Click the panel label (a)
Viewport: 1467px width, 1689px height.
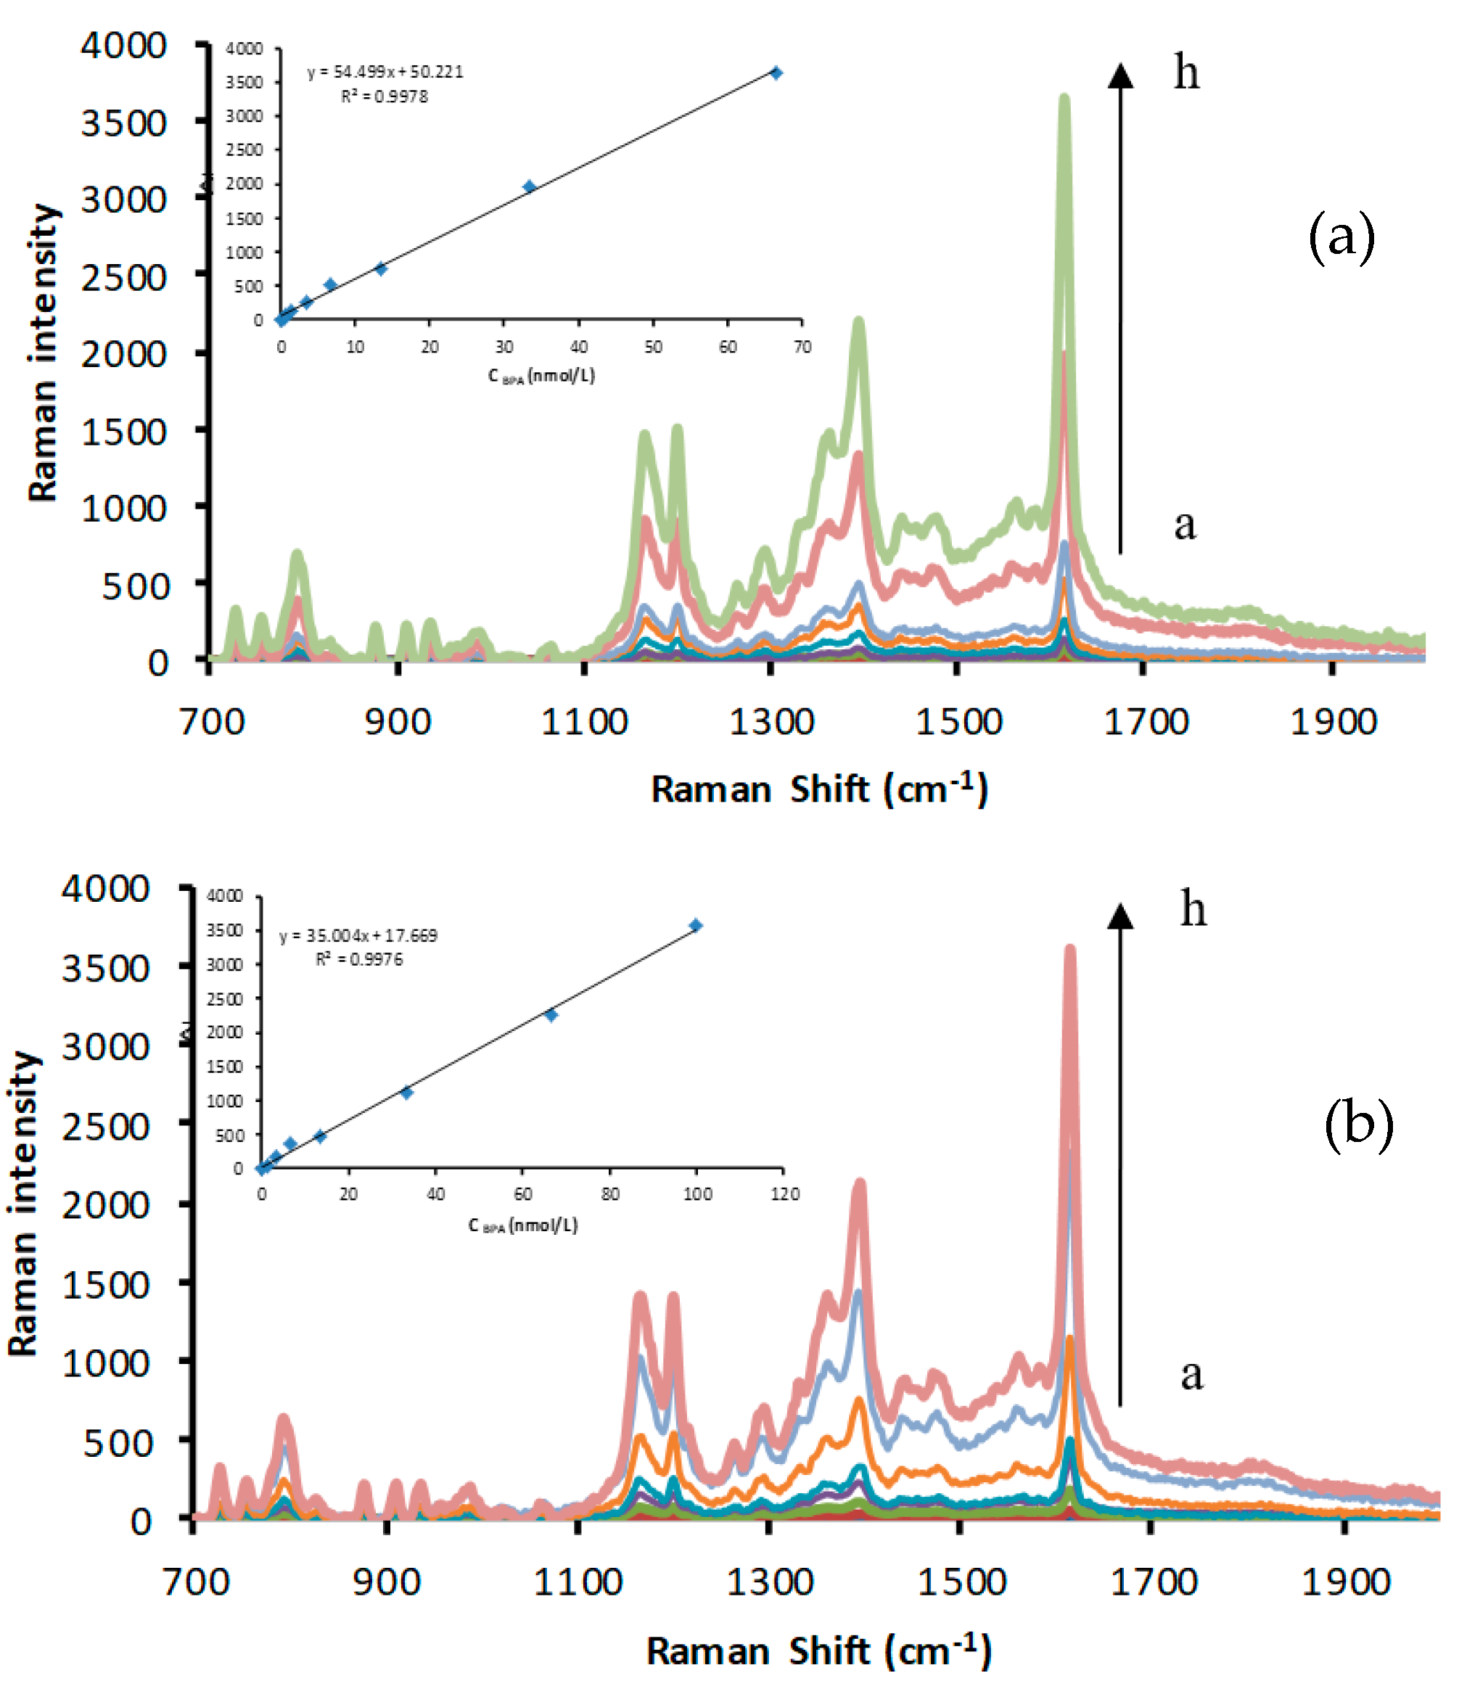pyautogui.click(x=1341, y=237)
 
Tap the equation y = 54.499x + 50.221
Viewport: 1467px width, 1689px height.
pyautogui.click(x=385, y=72)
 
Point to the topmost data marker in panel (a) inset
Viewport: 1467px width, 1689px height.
pyautogui.click(x=776, y=73)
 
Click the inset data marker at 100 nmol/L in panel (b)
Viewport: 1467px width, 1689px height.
pyautogui.click(x=696, y=926)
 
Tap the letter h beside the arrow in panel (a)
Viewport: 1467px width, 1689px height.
pyautogui.click(x=1186, y=72)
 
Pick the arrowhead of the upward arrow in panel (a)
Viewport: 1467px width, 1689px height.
pyautogui.click(x=1121, y=75)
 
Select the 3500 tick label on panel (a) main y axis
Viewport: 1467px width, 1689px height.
pyautogui.click(x=123, y=123)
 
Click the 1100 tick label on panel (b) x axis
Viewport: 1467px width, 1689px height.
pyautogui.click(x=578, y=1582)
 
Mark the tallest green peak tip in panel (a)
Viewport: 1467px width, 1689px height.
pyautogui.click(x=1064, y=98)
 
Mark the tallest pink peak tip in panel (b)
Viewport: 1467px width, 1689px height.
pyautogui.click(x=1069, y=950)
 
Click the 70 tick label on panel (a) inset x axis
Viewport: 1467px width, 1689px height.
pyautogui.click(x=802, y=347)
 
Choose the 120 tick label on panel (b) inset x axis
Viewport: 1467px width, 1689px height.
pyautogui.click(x=784, y=1194)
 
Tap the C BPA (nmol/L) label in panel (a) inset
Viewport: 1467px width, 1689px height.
pyautogui.click(x=541, y=376)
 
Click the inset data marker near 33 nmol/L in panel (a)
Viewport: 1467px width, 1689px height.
pyautogui.click(x=529, y=186)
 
